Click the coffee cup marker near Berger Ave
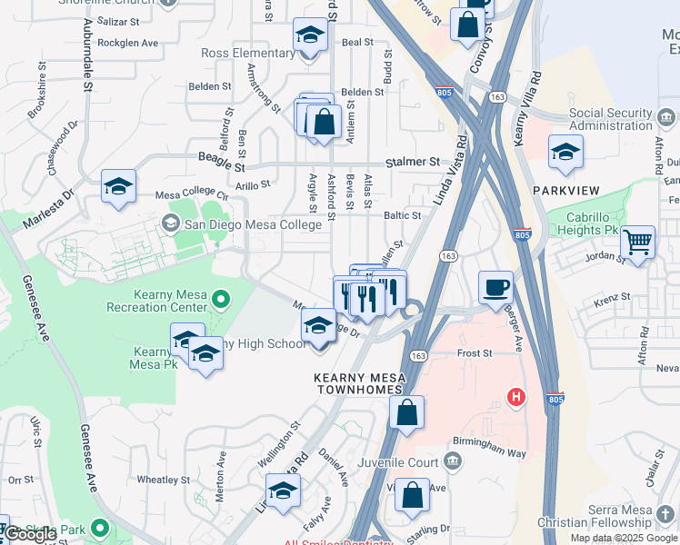pyautogui.click(x=495, y=287)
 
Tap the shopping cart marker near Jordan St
pyautogui.click(x=637, y=243)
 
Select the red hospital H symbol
pyautogui.click(x=516, y=397)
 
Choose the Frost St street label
pyautogui.click(x=475, y=352)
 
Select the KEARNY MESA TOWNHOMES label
pyautogui.click(x=358, y=382)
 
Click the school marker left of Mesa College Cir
pyautogui.click(x=118, y=186)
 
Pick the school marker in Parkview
pyautogui.click(x=565, y=152)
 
